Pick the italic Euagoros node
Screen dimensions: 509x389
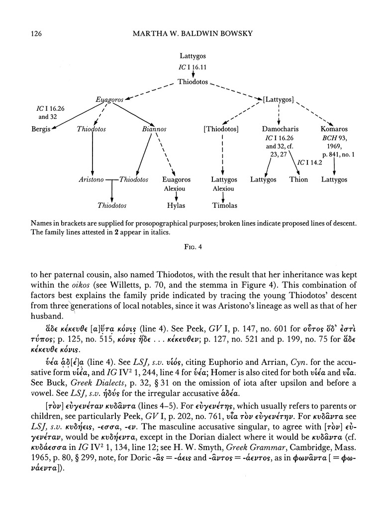pyautogui.click(x=109, y=100)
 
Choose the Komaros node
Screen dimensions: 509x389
pyautogui.click(x=334, y=129)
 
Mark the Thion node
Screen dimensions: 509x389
pyautogui.click(x=298, y=179)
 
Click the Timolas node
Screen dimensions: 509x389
pyautogui.click(x=224, y=205)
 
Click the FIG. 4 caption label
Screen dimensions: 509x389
pyautogui.click(x=194, y=245)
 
